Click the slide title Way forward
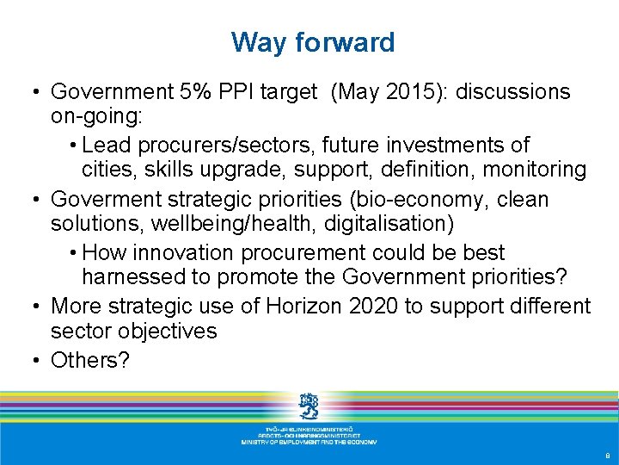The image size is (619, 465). [x=313, y=42]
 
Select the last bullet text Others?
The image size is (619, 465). [x=90, y=359]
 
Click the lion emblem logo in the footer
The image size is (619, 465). [x=309, y=405]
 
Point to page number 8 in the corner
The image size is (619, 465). [x=608, y=456]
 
